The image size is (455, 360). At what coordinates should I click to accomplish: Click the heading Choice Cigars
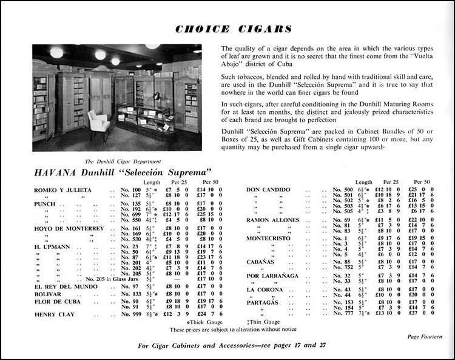coord(234,29)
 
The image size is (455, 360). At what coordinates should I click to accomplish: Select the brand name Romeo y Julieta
coord(60,190)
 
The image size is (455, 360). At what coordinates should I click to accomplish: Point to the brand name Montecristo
coord(268,238)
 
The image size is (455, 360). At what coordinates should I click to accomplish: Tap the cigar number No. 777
coord(345,312)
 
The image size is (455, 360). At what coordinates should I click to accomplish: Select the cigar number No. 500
coord(345,190)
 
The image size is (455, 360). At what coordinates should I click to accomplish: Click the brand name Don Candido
coord(269,190)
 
